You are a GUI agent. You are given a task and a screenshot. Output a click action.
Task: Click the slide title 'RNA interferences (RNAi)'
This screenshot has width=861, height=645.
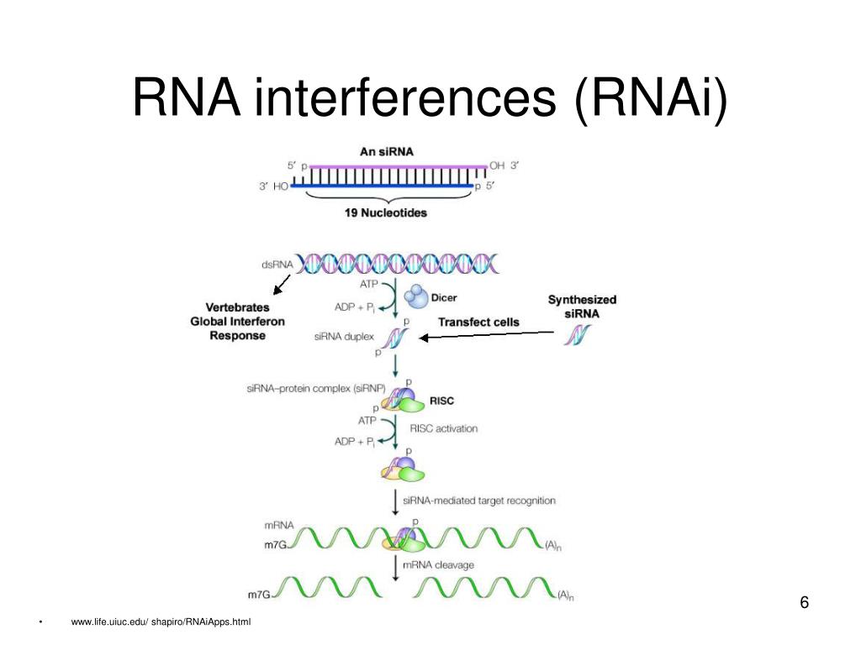pos(430,97)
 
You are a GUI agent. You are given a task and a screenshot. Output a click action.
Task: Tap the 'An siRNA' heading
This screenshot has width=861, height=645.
pos(387,151)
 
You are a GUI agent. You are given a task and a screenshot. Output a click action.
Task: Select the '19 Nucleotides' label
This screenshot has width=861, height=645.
pos(385,212)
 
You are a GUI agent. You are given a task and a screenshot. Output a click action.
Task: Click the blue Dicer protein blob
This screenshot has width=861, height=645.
pos(415,296)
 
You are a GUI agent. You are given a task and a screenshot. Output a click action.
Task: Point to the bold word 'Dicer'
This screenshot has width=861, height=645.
pos(444,298)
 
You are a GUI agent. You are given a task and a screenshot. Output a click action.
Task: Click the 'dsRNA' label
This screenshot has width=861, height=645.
pos(277,265)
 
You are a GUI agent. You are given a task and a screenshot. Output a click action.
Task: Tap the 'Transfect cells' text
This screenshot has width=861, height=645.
pos(478,322)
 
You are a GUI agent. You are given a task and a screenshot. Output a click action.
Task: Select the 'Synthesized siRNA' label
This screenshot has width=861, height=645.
pos(582,307)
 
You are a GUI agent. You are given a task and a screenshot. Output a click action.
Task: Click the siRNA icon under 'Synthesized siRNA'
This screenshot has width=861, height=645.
pos(577,335)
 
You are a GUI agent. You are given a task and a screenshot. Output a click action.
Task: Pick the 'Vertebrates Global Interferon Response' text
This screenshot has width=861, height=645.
pos(237,322)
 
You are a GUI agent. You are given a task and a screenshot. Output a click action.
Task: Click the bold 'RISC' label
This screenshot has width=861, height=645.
pos(441,401)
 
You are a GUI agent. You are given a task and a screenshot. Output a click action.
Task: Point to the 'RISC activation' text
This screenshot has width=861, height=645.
pos(444,428)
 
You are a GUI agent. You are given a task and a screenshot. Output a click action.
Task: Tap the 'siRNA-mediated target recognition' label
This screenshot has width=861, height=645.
pos(478,501)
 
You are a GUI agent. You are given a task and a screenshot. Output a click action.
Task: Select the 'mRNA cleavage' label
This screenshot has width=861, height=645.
pos(438,565)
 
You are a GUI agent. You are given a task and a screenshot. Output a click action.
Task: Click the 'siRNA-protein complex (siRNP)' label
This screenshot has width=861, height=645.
pos(316,388)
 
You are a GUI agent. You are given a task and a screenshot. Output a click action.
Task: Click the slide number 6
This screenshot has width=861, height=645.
pos(804,602)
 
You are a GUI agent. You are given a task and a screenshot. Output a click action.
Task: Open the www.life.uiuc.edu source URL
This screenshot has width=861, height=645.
pos(161,621)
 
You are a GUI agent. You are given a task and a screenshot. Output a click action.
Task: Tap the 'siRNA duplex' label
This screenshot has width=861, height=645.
pos(344,336)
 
